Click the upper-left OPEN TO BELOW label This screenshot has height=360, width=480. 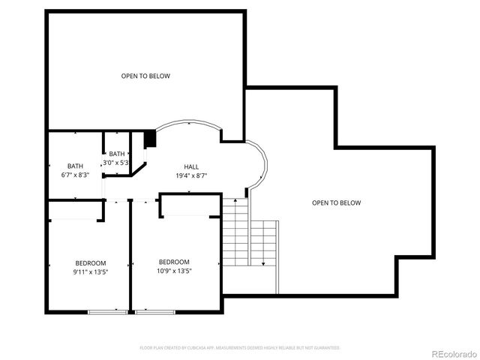pyautogui.click(x=145, y=76)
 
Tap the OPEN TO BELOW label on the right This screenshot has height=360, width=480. pyautogui.click(x=336, y=202)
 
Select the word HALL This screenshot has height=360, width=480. pyautogui.click(x=191, y=166)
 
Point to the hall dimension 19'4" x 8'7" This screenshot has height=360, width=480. pyautogui.click(x=191, y=175)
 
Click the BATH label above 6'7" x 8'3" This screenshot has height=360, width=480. pyautogui.click(x=75, y=166)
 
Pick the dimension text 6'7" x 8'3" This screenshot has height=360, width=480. pyautogui.click(x=75, y=175)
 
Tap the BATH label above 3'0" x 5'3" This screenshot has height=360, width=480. pyautogui.click(x=117, y=154)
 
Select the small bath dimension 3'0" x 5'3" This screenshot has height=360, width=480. pyautogui.click(x=117, y=162)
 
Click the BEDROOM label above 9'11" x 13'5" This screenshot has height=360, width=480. pyautogui.click(x=91, y=262)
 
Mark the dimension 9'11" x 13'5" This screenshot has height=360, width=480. pyautogui.click(x=91, y=271)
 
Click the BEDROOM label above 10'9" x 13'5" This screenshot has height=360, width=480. pyautogui.click(x=174, y=262)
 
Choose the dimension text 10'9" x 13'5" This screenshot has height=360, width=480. pyautogui.click(x=174, y=271)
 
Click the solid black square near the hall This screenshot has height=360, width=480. pyautogui.click(x=149, y=139)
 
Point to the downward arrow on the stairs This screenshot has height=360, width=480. pyautogui.click(x=262, y=262)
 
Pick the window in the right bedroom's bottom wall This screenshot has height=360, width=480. pyautogui.click(x=155, y=312)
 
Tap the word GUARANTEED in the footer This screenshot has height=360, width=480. pyautogui.click(x=324, y=348)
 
